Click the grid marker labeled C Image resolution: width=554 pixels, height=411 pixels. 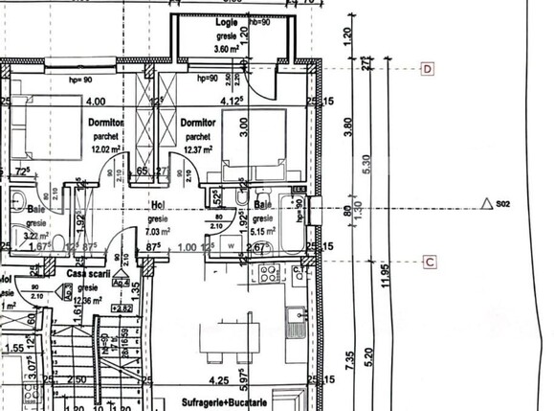pos(430,261)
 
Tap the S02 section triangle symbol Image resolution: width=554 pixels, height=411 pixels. pos(488,203)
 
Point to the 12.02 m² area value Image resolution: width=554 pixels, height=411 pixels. pos(105,148)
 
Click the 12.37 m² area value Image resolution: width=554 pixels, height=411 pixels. pos(197,148)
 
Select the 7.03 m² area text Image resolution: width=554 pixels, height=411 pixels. pos(159,231)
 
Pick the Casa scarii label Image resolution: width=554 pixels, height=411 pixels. pos(84,273)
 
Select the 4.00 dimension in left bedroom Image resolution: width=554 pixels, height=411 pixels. pos(96,101)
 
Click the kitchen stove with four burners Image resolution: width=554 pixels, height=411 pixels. pos(268,278)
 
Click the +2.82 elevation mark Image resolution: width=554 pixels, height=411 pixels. pos(122,308)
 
